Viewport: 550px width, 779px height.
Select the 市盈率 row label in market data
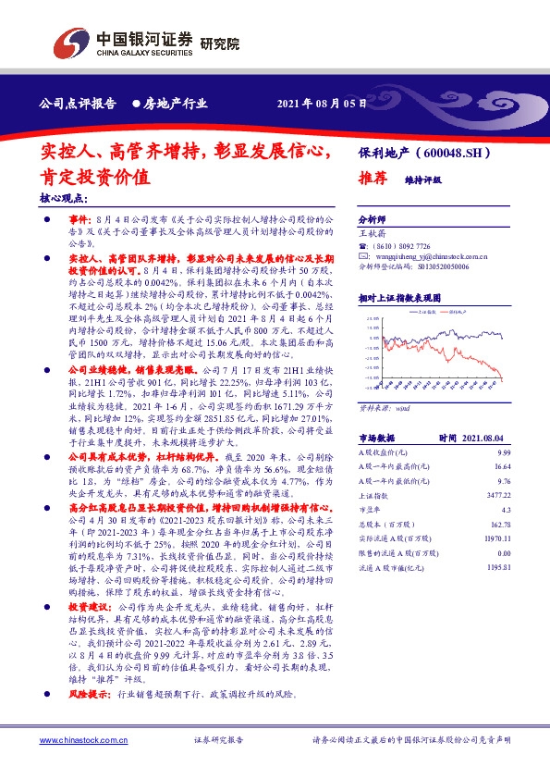[x=370, y=512]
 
